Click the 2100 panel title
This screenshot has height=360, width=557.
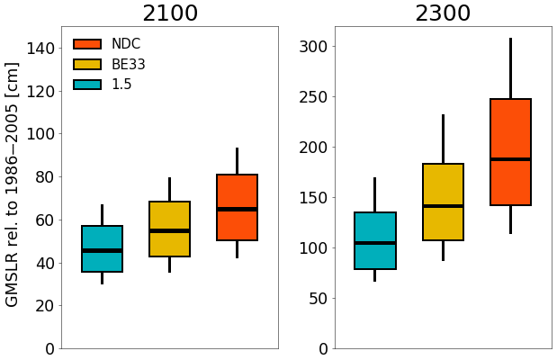(170, 13)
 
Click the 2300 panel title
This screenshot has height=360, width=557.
(443, 13)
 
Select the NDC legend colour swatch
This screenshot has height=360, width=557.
(87, 44)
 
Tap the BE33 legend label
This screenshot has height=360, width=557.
(129, 65)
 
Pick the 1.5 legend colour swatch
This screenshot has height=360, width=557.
(87, 85)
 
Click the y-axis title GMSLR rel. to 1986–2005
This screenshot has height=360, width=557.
(13, 184)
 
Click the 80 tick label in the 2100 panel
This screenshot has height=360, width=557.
(40, 177)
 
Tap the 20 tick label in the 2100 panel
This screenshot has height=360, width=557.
(40, 306)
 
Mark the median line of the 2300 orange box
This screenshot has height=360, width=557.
(510, 159)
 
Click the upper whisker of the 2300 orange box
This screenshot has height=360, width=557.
(510, 68)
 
